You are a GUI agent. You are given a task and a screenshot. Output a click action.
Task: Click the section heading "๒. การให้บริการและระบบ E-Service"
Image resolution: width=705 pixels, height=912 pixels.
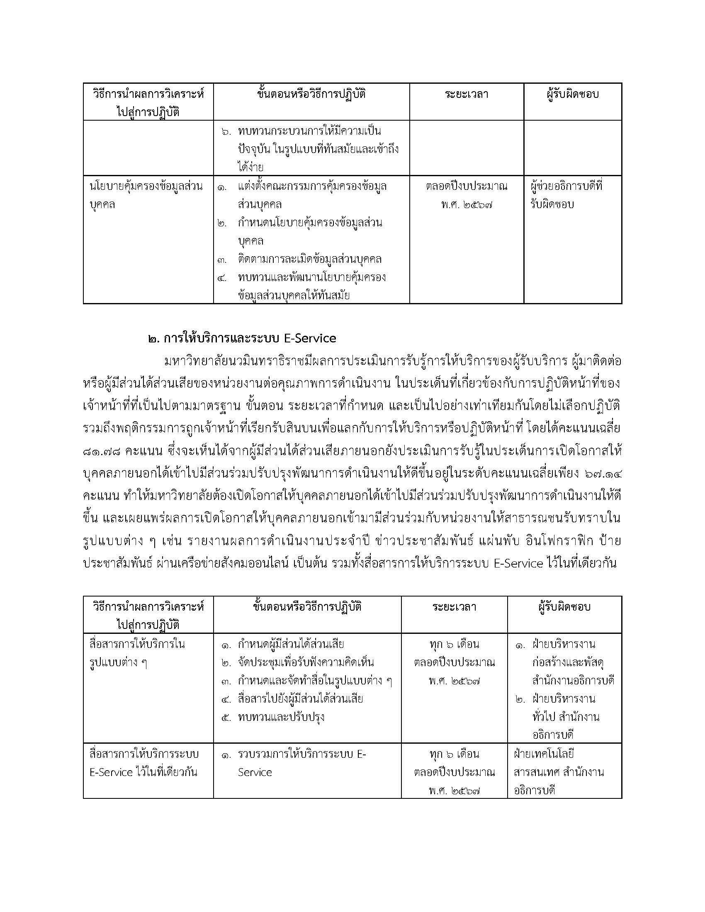tap(242, 338)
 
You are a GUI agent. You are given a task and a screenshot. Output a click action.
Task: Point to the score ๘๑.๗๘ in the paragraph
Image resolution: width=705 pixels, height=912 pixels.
tap(102, 451)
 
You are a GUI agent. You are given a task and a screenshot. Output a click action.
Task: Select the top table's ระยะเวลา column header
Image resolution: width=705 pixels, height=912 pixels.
tap(467, 95)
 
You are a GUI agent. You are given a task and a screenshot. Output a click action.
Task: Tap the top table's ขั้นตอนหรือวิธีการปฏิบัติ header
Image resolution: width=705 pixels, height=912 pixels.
tap(311, 95)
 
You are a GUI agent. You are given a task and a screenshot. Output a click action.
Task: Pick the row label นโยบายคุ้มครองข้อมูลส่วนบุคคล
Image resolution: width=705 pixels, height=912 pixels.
tap(146, 195)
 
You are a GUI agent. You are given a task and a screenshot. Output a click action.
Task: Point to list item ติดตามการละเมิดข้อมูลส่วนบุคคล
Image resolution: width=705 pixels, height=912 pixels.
tap(309, 260)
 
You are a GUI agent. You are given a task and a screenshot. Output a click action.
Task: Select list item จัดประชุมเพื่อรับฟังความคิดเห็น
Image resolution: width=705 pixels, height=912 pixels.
tap(306, 662)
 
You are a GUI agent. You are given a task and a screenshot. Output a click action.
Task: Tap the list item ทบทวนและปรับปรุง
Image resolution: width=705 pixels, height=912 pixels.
tap(281, 717)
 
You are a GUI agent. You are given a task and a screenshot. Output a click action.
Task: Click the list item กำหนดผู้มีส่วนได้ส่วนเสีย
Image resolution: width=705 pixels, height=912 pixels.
tap(291, 644)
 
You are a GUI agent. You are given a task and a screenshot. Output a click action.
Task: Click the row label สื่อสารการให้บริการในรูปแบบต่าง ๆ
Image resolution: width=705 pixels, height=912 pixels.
tap(137, 653)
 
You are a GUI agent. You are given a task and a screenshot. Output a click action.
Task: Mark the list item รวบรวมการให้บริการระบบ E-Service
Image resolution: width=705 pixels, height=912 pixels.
tap(301, 763)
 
